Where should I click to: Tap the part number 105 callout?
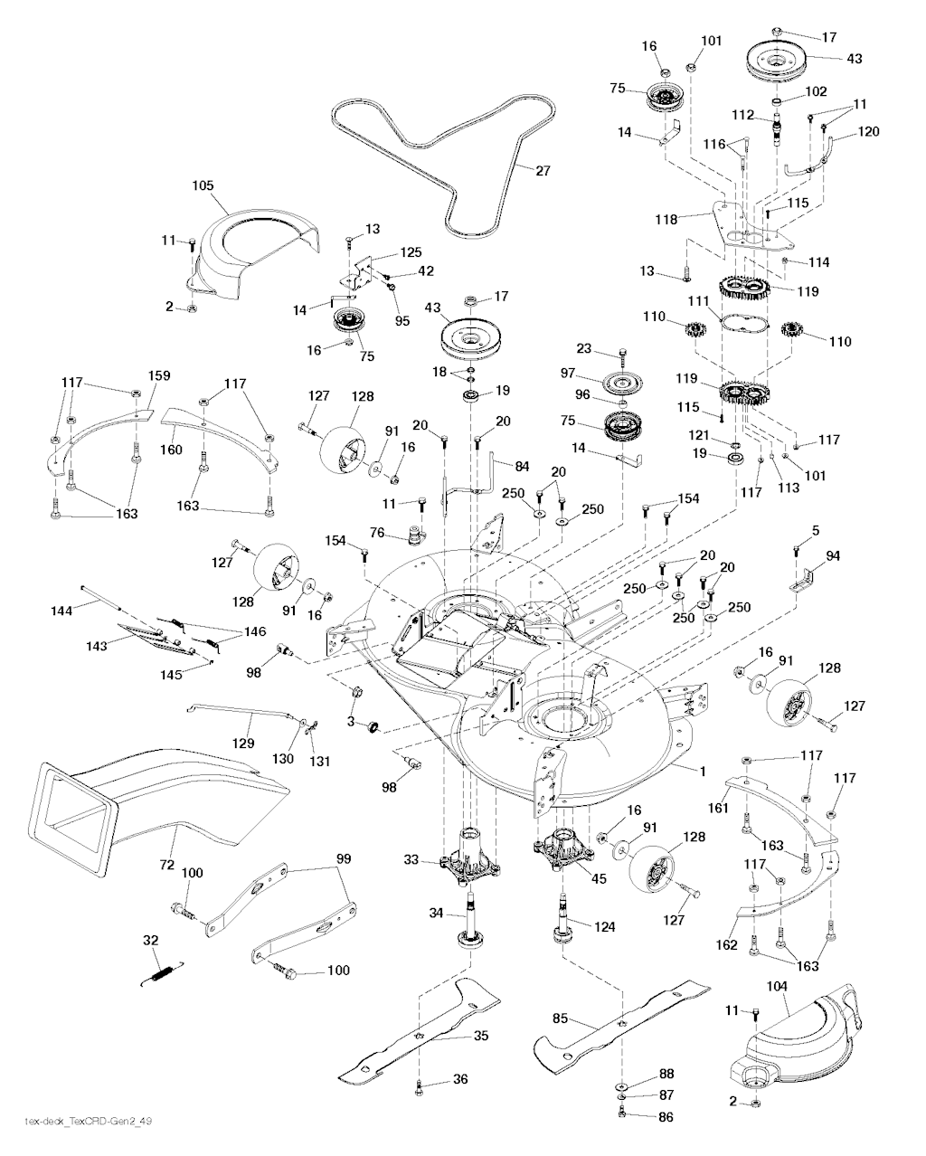pyautogui.click(x=203, y=185)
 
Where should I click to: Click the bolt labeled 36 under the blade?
pyautogui.click(x=419, y=1090)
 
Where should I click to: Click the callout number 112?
pyautogui.click(x=742, y=115)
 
